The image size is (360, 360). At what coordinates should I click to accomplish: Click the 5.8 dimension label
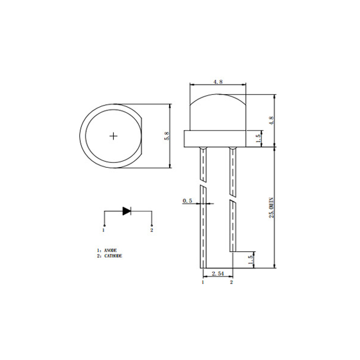pyautogui.click(x=167, y=136)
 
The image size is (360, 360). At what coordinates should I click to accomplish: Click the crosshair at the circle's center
pyautogui.click(x=114, y=135)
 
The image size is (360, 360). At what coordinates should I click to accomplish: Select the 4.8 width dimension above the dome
pyautogui.click(x=218, y=82)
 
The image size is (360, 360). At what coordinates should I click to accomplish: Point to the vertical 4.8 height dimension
pyautogui.click(x=270, y=120)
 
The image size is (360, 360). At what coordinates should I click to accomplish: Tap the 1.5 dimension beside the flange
pyautogui.click(x=257, y=138)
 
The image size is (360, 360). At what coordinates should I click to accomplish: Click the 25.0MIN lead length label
pyautogui.click(x=271, y=207)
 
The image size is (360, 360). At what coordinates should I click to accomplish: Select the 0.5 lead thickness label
pyautogui.click(x=188, y=201)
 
